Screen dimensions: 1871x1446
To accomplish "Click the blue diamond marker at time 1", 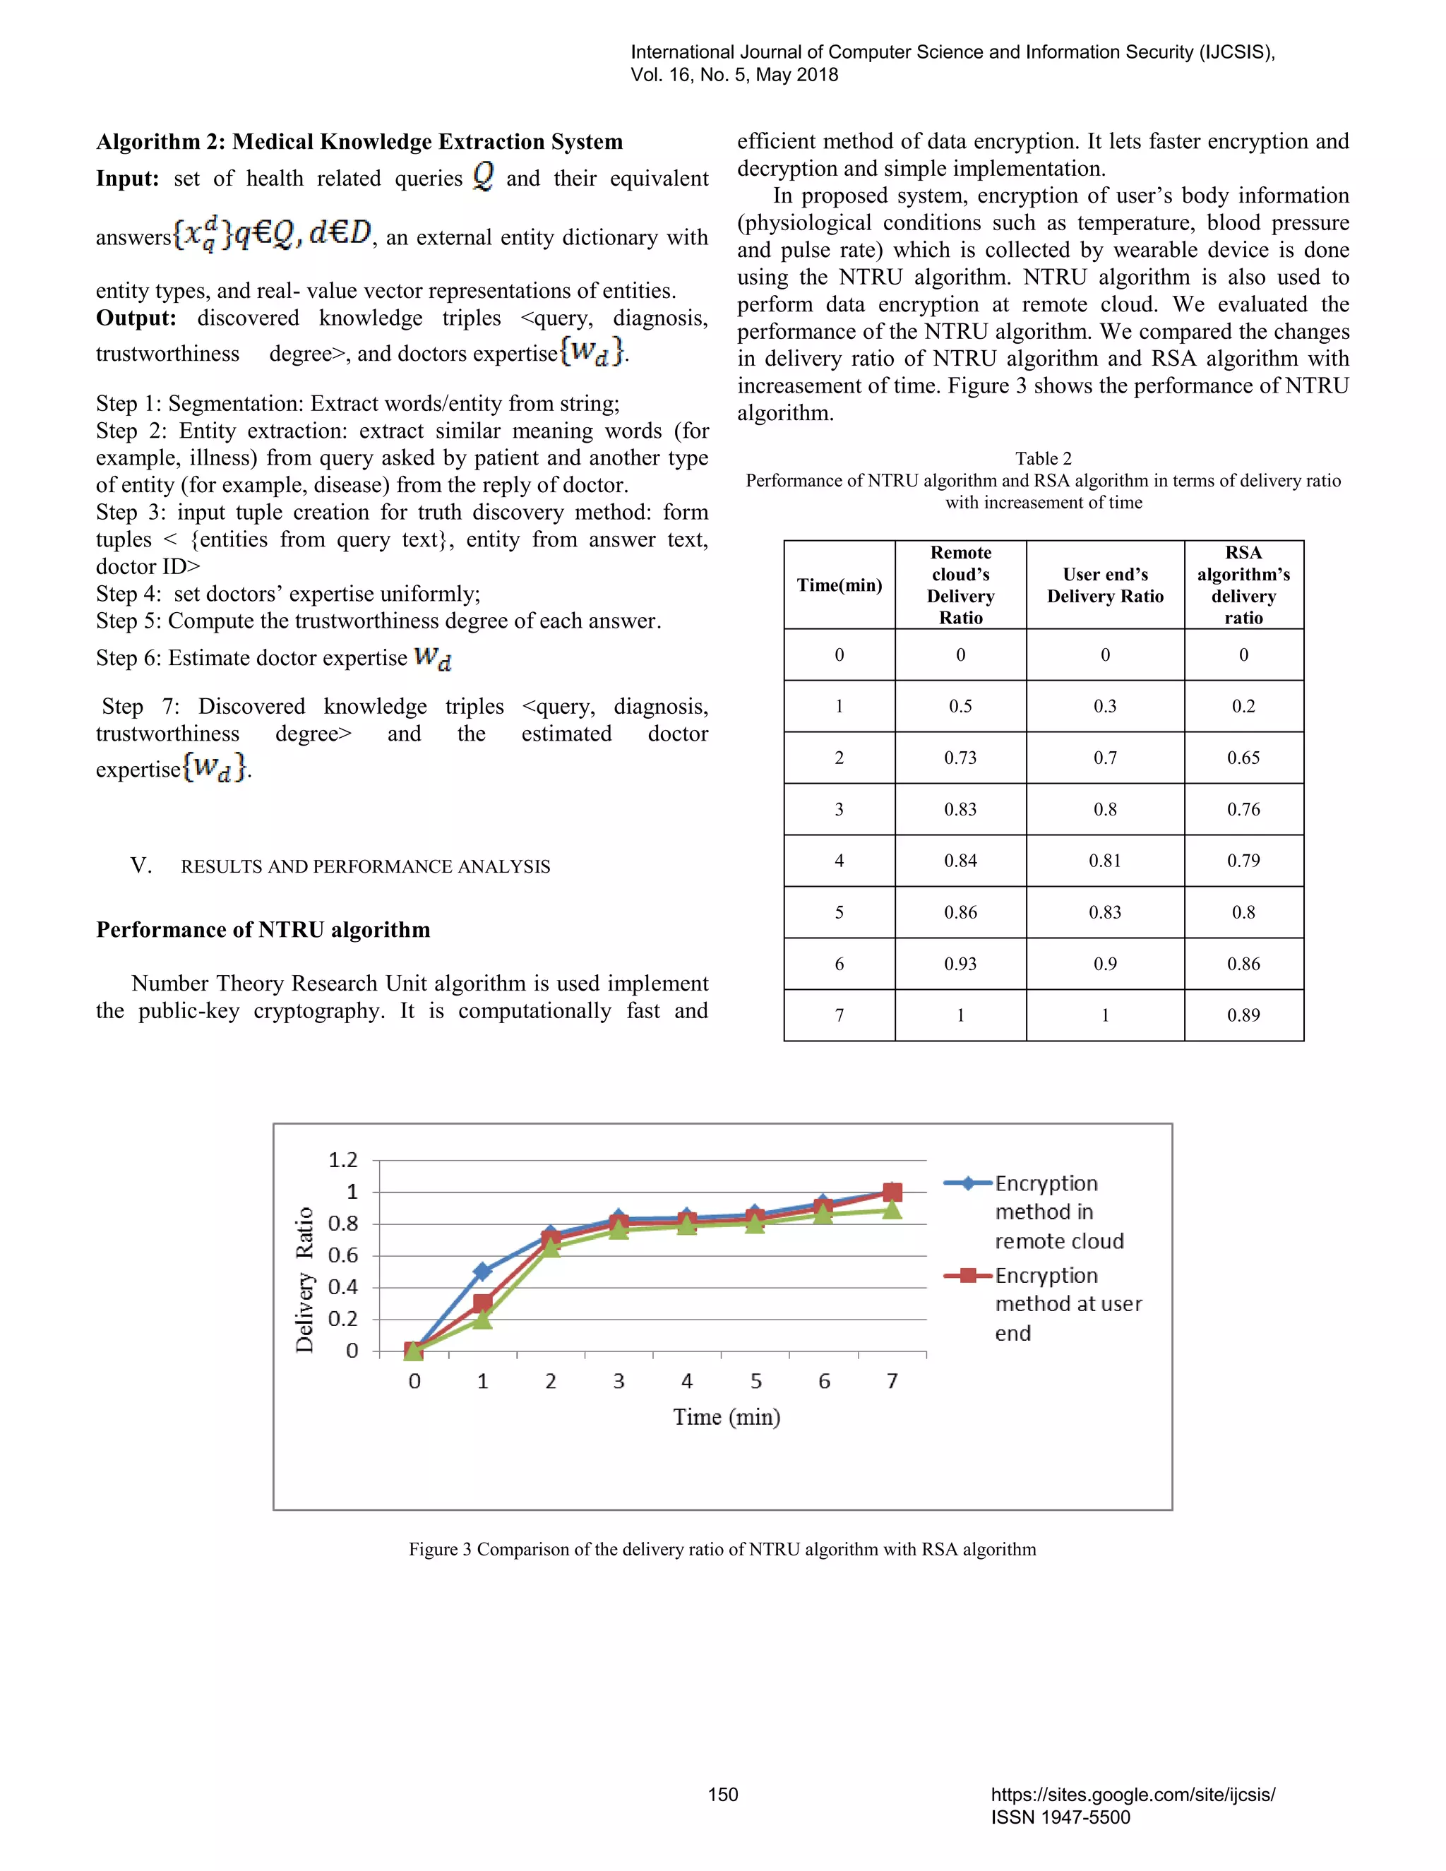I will (x=483, y=1272).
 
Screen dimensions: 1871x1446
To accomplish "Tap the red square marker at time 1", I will (x=483, y=1303).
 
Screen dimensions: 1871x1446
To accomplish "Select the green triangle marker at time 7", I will (x=892, y=1209).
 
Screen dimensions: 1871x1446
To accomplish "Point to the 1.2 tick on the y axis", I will (x=342, y=1160).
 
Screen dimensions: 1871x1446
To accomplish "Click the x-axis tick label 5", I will (x=755, y=1381).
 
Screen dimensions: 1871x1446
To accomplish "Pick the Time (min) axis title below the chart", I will (x=727, y=1417).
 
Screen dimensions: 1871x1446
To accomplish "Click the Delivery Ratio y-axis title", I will (x=304, y=1280).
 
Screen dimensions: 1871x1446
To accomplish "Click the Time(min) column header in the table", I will (x=839, y=585).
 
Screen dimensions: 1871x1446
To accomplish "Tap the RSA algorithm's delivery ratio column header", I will (x=1243, y=585).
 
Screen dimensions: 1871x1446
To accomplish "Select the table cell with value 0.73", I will (x=960, y=758).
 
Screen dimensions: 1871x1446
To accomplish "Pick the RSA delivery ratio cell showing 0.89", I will (x=1243, y=1016).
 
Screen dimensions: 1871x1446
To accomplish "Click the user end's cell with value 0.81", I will (x=1104, y=861).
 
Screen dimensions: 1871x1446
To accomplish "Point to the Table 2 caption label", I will (x=1043, y=458).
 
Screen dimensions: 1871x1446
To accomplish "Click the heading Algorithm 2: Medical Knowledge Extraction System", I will (x=359, y=141).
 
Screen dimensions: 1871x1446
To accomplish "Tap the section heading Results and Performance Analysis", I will (x=365, y=867).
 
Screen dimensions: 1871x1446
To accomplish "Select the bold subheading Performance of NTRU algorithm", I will (x=263, y=931).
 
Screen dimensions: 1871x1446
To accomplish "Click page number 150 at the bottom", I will (x=722, y=1795).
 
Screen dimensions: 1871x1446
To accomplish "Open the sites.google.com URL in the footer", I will (x=1133, y=1795).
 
